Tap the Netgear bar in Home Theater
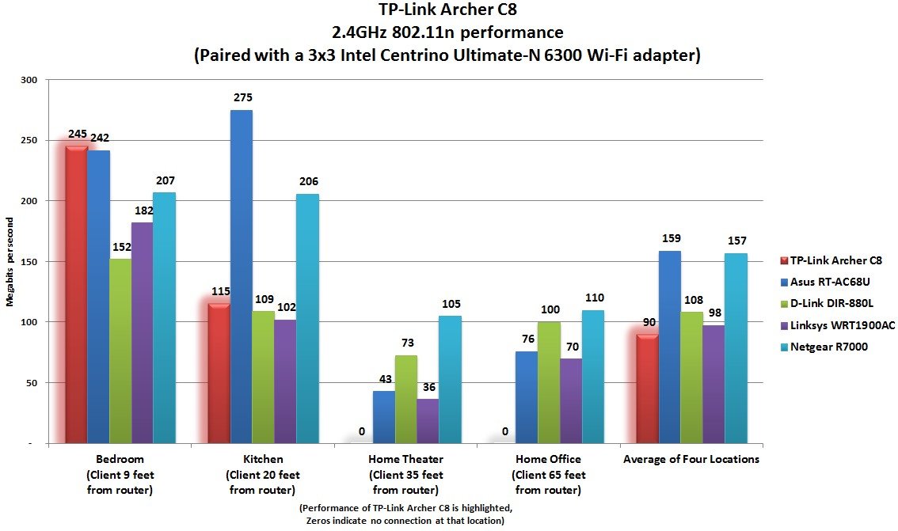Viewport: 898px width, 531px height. [450, 380]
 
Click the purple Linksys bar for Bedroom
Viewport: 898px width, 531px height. [143, 332]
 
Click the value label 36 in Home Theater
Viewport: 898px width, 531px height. [428, 388]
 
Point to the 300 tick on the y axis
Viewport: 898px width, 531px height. [29, 80]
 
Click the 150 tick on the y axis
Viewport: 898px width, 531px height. [29, 262]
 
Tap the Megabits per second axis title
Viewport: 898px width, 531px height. [11, 261]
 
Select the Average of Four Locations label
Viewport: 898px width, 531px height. [691, 459]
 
